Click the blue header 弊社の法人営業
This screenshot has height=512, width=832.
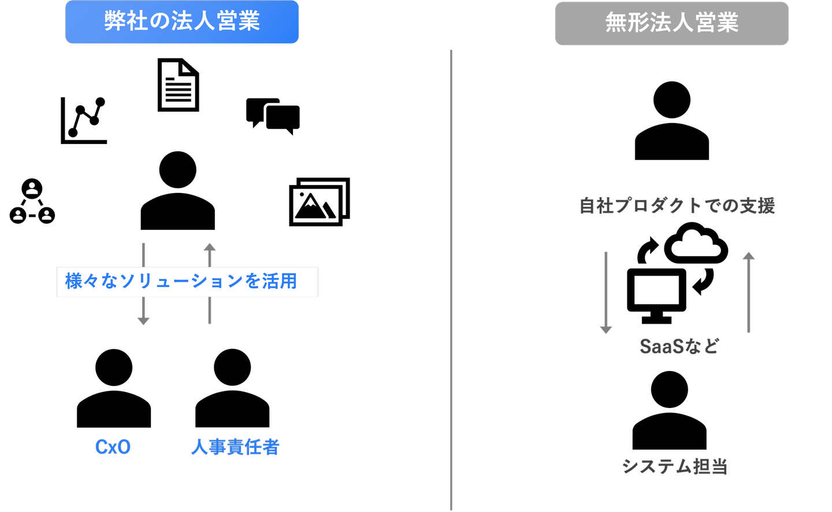(x=182, y=21)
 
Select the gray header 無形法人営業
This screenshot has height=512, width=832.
(x=671, y=23)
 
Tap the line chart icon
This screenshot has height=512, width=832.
(x=84, y=120)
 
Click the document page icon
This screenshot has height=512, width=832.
(x=179, y=85)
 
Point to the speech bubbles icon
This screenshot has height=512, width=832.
(x=273, y=116)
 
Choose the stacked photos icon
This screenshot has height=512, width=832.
(x=320, y=202)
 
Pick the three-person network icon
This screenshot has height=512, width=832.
(x=32, y=201)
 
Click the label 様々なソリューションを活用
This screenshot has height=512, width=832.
(x=181, y=281)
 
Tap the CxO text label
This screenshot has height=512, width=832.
(x=113, y=447)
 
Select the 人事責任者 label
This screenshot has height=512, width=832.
(x=235, y=447)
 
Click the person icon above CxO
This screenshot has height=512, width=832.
(x=114, y=388)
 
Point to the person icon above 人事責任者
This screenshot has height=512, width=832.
(x=232, y=388)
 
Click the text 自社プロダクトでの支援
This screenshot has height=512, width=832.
(x=677, y=206)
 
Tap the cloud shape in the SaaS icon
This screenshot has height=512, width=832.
(x=696, y=243)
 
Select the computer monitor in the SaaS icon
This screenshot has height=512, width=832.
(x=656, y=296)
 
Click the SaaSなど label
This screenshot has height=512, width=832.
(x=679, y=346)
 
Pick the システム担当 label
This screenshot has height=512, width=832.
(x=674, y=466)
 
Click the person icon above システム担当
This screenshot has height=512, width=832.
(x=669, y=410)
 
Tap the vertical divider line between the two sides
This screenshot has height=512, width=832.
(x=451, y=280)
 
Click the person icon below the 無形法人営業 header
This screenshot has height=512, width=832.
(x=672, y=121)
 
